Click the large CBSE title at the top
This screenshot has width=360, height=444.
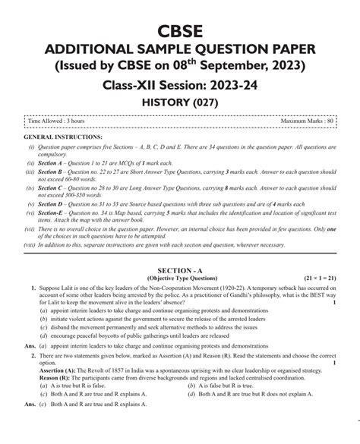point(179,30)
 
